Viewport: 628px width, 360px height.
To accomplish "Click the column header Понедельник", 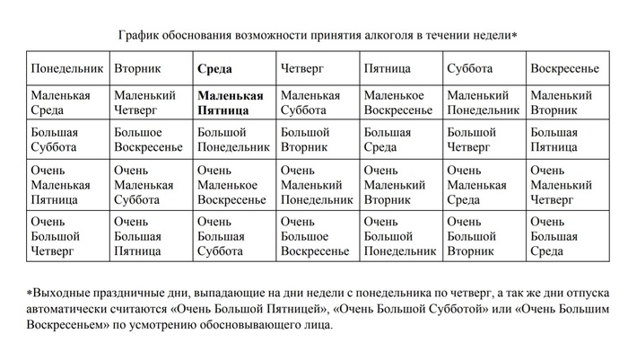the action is tap(65, 69).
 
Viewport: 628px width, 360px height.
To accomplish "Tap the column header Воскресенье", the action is tap(564, 69).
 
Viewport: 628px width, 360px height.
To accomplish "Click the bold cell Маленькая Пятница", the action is tap(231, 102).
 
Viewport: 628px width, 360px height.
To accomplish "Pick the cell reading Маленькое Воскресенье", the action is tap(398, 102).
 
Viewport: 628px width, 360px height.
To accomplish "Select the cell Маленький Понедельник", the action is tap(483, 102).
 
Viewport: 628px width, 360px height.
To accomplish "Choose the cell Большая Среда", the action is tap(388, 139).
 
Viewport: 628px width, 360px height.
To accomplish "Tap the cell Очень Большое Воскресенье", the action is tap(315, 236).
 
